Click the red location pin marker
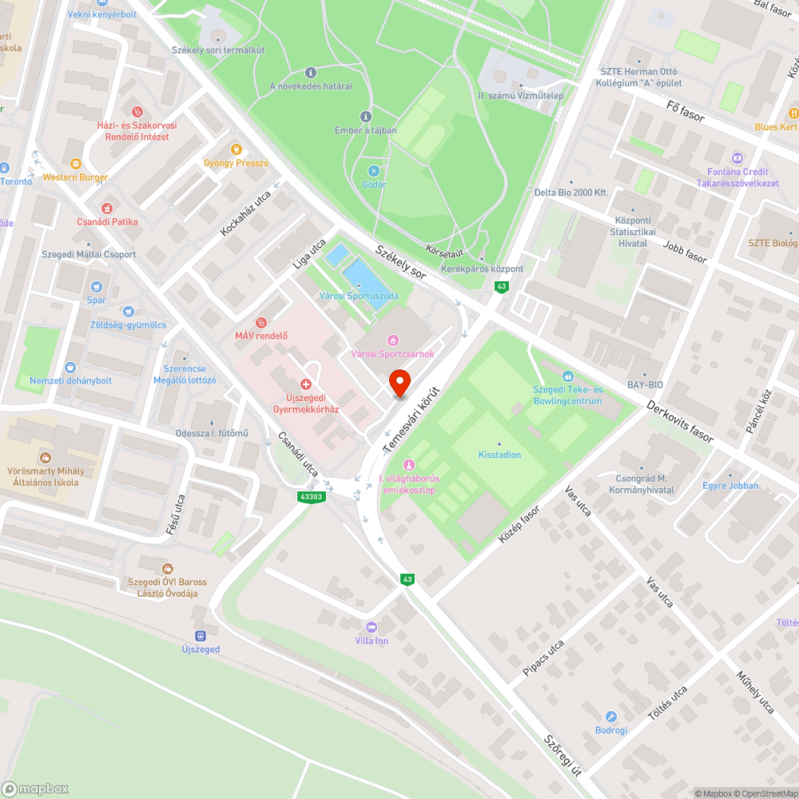click(x=399, y=384)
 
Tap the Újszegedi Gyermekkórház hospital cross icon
click(x=305, y=384)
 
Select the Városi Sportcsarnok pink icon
click(x=392, y=340)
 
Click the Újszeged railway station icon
click(x=200, y=636)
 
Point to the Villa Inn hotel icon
click(x=371, y=626)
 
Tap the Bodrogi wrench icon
click(x=611, y=717)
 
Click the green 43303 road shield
click(x=312, y=496)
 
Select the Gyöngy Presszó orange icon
click(x=236, y=149)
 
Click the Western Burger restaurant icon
click(x=76, y=163)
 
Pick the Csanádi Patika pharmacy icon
click(x=107, y=208)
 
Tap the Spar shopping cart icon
click(x=97, y=287)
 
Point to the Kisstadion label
click(x=499, y=455)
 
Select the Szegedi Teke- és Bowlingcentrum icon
click(x=567, y=376)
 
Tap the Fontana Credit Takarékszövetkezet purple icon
click(x=737, y=157)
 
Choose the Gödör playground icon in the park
click(x=373, y=171)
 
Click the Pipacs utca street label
click(x=543, y=658)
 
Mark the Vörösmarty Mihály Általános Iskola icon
click(x=46, y=458)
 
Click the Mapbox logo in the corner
click(x=36, y=789)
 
